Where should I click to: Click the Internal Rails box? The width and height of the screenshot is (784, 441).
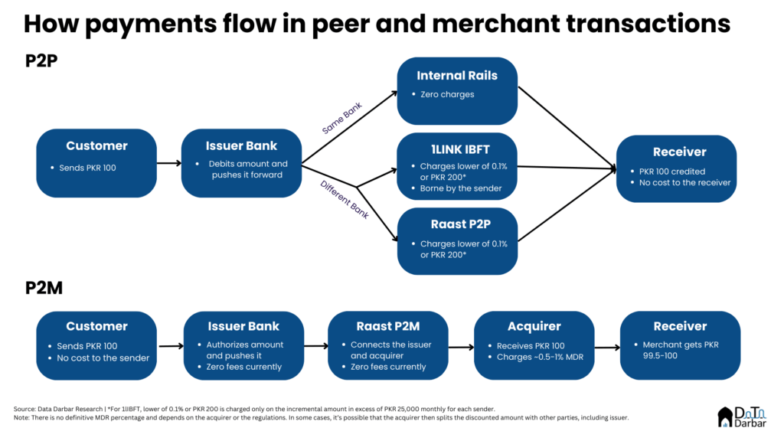[x=457, y=91]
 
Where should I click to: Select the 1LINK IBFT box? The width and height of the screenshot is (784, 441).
[x=457, y=166]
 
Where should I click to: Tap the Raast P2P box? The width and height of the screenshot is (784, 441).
[x=457, y=241]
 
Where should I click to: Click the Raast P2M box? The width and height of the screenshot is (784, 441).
[x=388, y=345]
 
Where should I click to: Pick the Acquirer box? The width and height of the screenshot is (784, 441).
[x=534, y=345]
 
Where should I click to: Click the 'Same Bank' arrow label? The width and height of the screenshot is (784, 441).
[x=342, y=119]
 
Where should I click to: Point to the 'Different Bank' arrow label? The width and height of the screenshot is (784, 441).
[x=345, y=200]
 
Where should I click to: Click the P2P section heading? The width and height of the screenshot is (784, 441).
[x=41, y=61]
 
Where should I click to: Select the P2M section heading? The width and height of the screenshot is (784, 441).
[x=44, y=288]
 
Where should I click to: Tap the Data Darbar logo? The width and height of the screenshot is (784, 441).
[x=742, y=417]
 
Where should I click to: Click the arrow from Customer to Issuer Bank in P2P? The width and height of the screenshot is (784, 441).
[x=169, y=163]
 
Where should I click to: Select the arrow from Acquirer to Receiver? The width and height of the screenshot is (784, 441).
[x=607, y=347]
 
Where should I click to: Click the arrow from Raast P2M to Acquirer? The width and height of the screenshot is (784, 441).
[x=461, y=347]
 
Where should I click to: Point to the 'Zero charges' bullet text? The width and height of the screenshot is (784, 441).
[x=447, y=94]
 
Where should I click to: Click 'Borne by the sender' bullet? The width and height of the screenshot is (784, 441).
[x=460, y=188]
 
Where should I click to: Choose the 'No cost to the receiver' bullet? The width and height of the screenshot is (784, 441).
[x=684, y=182]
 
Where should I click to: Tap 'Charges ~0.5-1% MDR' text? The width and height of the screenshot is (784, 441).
[x=540, y=357]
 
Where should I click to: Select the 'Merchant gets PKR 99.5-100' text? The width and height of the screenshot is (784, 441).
[x=681, y=350]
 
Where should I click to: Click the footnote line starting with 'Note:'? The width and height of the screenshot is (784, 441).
[x=321, y=417]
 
